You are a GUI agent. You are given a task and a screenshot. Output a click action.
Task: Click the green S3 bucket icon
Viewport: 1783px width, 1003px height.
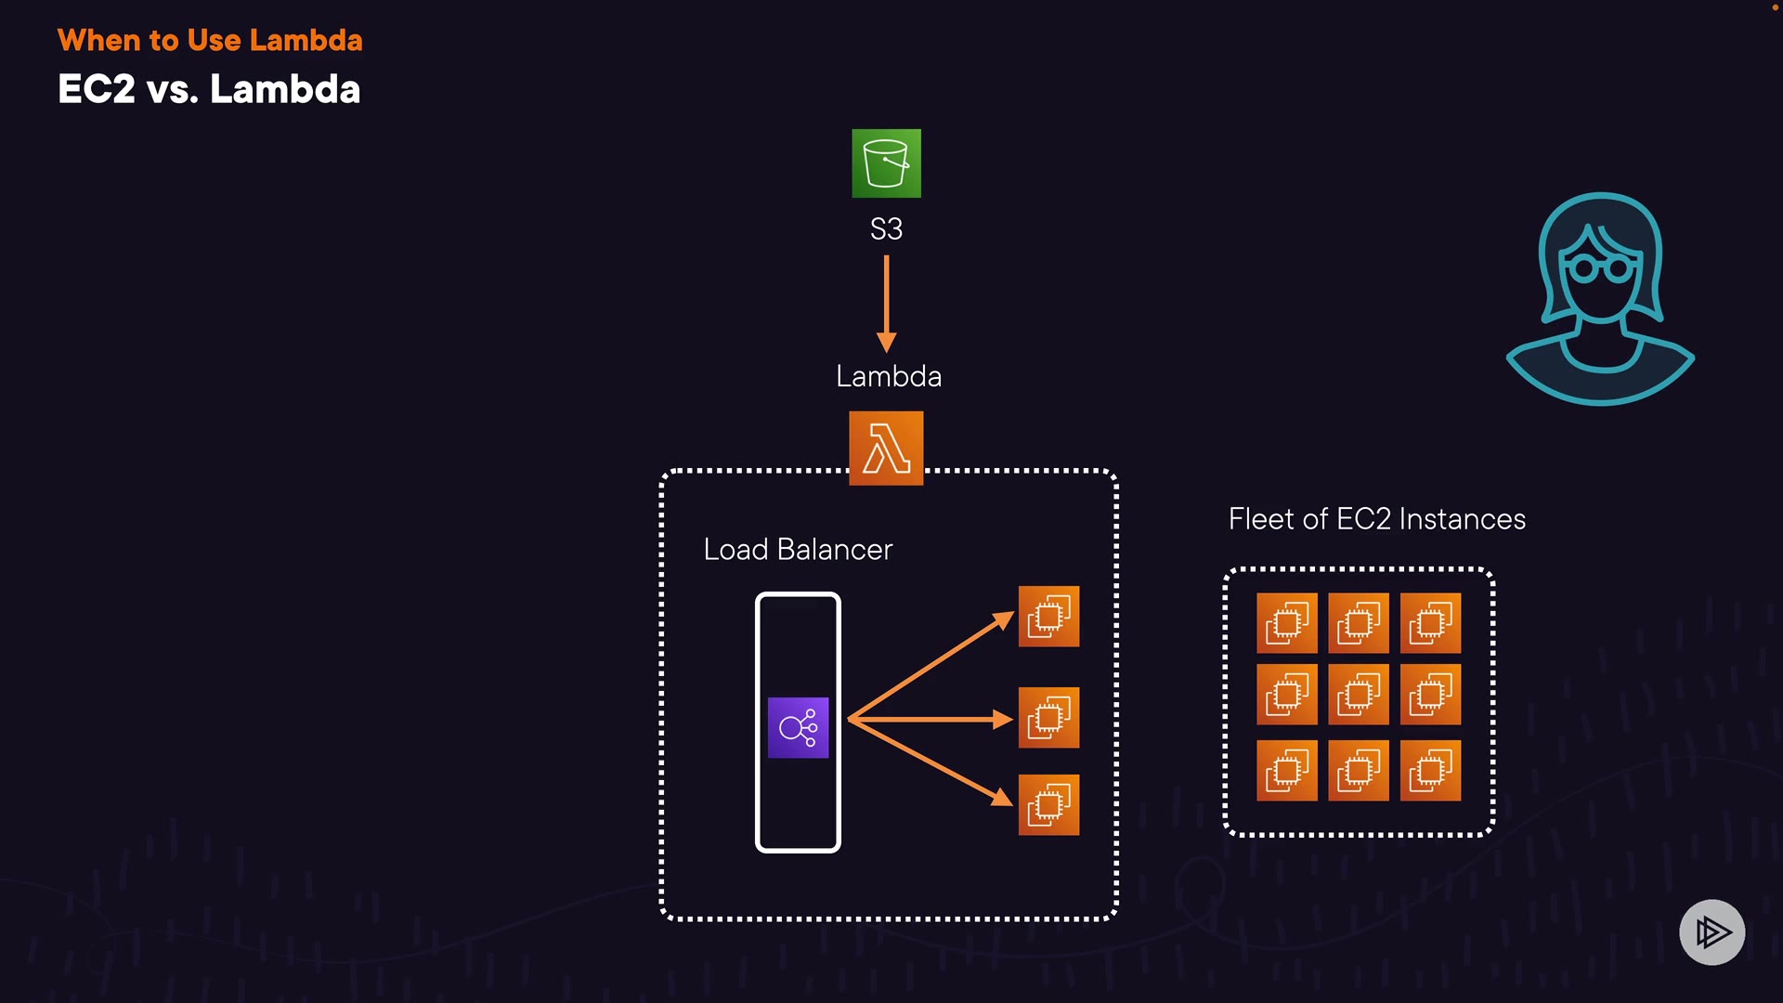coord(886,163)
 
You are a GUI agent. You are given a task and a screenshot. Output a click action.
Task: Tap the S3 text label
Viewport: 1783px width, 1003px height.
coord(886,228)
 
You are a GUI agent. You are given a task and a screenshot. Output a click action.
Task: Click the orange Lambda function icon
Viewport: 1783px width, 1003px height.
coord(886,448)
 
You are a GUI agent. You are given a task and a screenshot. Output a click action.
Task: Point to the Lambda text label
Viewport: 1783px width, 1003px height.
coord(889,376)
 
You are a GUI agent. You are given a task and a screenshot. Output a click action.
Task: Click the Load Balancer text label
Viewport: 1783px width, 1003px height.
coord(798,549)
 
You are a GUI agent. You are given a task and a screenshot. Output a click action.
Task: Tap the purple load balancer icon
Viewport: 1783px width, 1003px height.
coord(798,727)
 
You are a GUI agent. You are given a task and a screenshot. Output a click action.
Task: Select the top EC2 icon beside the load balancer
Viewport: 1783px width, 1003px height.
coord(1048,616)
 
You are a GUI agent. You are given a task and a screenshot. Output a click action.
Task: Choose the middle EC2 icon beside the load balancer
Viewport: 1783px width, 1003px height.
coord(1048,718)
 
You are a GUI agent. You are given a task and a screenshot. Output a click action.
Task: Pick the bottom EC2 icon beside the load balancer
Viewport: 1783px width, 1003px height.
coord(1048,804)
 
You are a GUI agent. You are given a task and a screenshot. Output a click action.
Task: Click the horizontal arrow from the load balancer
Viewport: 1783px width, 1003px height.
coord(929,719)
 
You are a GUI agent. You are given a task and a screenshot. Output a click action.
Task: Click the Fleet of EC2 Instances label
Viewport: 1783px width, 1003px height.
coord(1376,519)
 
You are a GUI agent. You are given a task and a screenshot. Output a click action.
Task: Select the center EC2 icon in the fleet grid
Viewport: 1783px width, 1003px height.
coord(1359,695)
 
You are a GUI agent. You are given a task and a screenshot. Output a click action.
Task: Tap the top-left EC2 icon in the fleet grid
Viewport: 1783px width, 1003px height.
coord(1287,623)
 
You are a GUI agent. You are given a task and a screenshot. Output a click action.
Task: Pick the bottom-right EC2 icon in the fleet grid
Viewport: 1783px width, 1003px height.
coord(1430,770)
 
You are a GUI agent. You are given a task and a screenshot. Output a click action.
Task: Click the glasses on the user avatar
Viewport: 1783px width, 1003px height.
coord(1599,269)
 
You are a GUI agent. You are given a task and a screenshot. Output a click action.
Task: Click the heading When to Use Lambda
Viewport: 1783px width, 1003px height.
coord(210,40)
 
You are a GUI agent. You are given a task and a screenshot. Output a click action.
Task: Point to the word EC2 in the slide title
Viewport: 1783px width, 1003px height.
coord(97,89)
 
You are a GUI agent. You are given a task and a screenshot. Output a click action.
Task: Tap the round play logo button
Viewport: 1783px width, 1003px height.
coord(1711,931)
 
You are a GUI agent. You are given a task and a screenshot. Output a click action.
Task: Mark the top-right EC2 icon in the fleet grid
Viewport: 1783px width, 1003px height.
coord(1430,623)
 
